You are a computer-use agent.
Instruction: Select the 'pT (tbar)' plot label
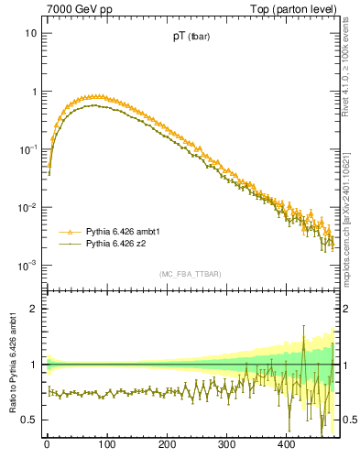[x=192, y=38]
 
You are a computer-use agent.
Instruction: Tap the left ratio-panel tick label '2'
[x=34, y=309]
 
